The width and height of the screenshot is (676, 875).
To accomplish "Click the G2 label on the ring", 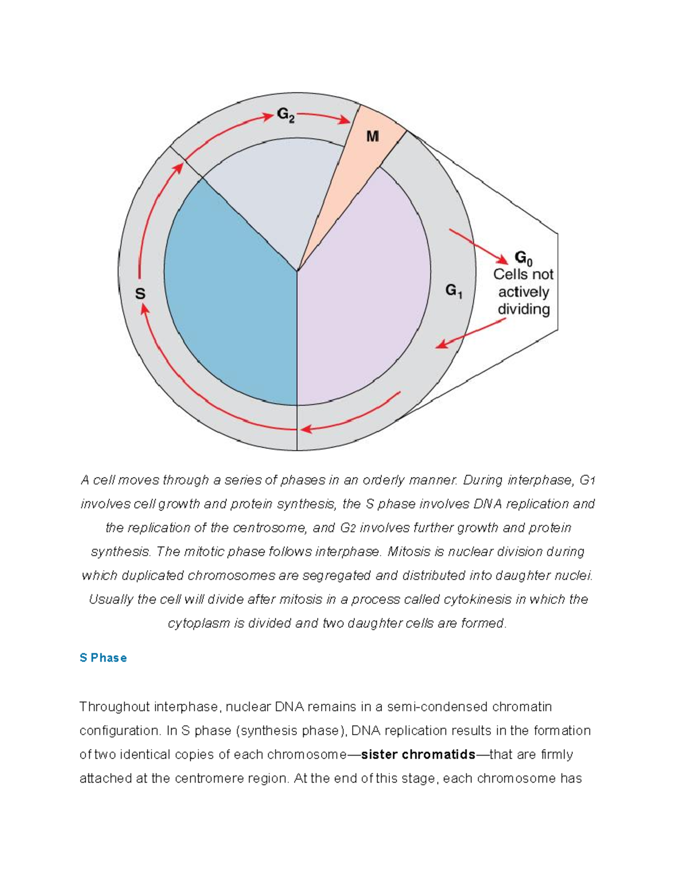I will [286, 116].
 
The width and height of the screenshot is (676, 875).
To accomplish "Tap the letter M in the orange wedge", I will [372, 136].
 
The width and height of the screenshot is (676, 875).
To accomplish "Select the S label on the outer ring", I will [140, 294].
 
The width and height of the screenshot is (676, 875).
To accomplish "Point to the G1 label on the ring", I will [454, 291].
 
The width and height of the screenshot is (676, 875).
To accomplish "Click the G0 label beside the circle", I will [523, 259].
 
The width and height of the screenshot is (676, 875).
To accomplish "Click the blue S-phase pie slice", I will [231, 293].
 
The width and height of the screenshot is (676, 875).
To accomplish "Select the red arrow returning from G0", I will [471, 334].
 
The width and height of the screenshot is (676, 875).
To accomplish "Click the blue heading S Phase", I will [103, 658].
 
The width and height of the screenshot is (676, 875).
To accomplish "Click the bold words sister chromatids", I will [418, 754].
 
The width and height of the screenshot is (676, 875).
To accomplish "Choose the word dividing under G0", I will [523, 309].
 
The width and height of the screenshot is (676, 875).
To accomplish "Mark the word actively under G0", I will [523, 292].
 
